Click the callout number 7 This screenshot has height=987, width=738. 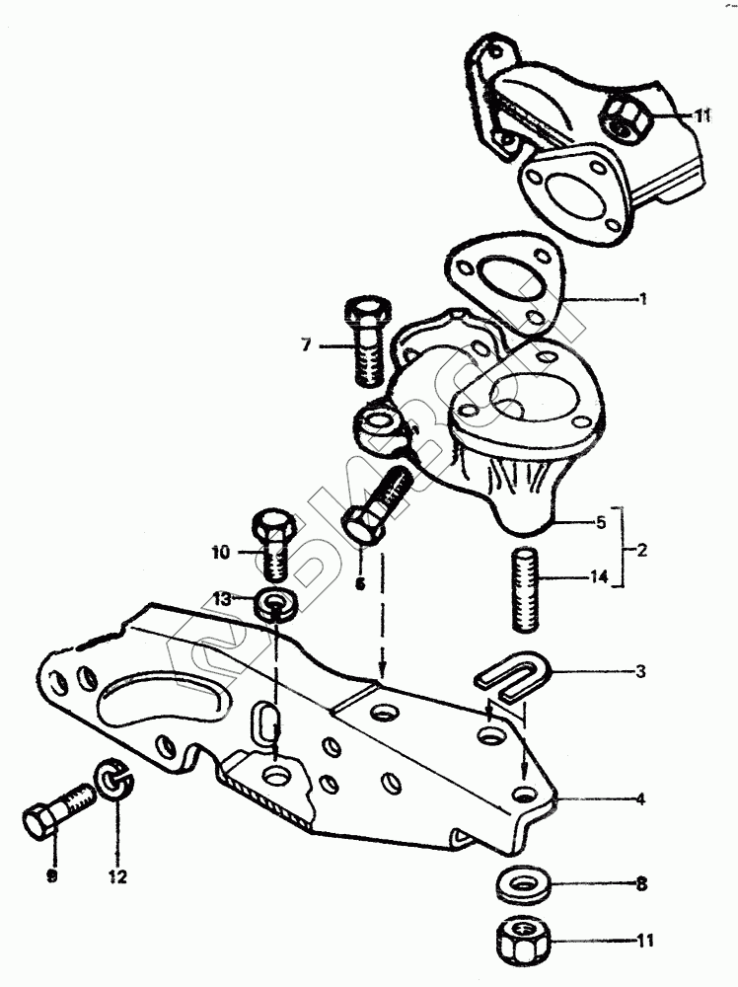coord(307,345)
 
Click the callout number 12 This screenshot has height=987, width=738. coord(118,874)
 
